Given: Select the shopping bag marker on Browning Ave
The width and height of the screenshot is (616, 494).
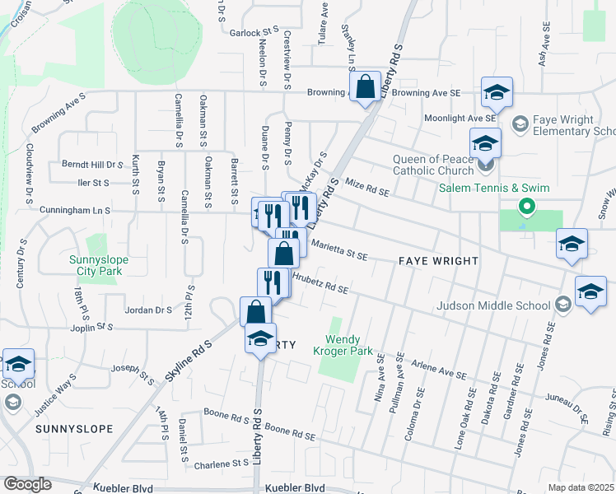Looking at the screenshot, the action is pos(364,86).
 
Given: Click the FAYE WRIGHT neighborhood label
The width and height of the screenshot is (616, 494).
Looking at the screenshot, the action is pos(438,261).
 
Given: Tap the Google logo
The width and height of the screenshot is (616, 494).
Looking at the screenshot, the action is pos(28,484).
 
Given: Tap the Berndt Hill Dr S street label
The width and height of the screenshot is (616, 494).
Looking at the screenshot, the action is pos(92,165).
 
